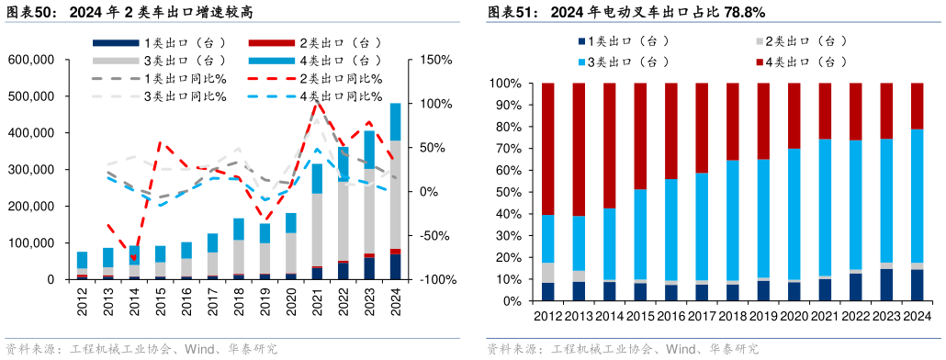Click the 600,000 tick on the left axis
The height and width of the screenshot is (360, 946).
click(30, 60)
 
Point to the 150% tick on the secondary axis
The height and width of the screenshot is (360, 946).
click(436, 60)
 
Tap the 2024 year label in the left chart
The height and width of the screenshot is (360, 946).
click(396, 300)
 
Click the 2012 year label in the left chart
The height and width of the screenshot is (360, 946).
click(83, 300)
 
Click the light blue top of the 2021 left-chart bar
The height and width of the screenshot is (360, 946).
click(317, 178)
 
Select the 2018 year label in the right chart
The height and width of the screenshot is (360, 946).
click(732, 316)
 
